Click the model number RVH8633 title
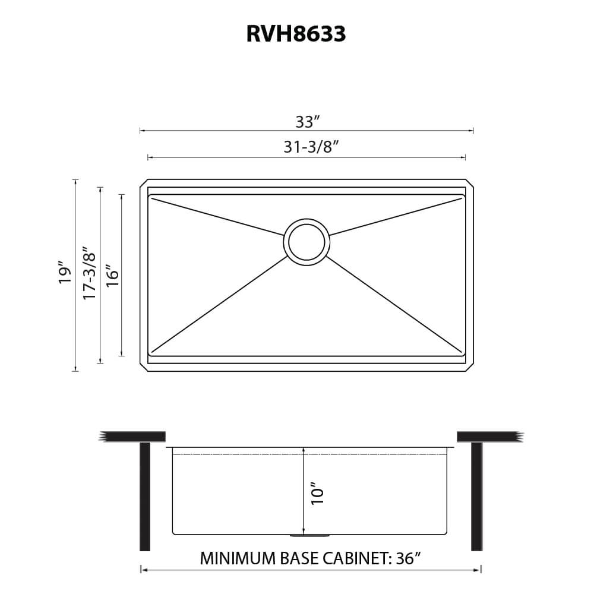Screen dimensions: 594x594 (296, 34)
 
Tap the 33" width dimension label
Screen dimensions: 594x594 (308, 122)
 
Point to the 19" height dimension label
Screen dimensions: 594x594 (65, 274)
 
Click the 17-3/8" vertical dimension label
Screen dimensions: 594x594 (89, 273)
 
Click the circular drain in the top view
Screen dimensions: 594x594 (307, 242)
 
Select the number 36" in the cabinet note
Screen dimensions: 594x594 (407, 558)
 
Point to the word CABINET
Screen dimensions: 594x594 (356, 558)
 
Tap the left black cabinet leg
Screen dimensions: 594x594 (144, 497)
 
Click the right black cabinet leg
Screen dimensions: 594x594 (476, 497)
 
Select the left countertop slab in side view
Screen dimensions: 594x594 (134, 436)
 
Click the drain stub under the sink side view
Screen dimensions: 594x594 (309, 535)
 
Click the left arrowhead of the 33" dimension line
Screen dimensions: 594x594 (141, 131)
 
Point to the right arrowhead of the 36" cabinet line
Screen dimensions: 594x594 (479, 570)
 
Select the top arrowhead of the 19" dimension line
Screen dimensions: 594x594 (75, 181)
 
